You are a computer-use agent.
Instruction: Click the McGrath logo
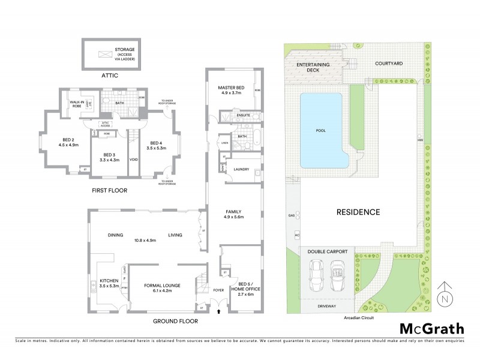point(431,329)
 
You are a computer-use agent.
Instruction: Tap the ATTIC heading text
point(110,76)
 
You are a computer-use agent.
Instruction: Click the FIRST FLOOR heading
point(109,191)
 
